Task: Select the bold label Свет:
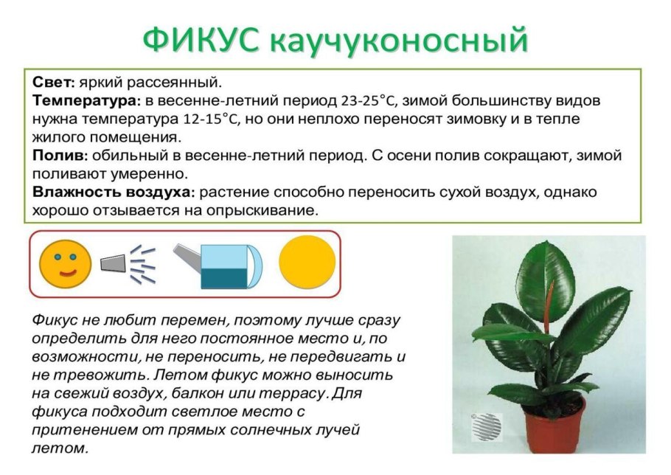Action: point(54,80)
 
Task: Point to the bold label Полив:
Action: point(60,156)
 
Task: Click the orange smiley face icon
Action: point(66,263)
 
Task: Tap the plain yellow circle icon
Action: point(307,262)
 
